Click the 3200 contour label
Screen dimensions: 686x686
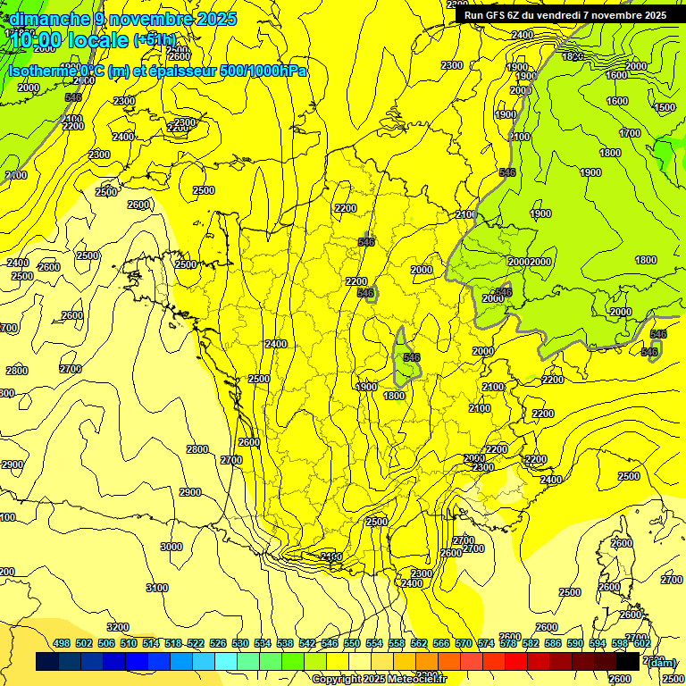tap(118, 627)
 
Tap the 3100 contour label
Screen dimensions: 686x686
tap(156, 587)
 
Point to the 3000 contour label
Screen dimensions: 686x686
tap(171, 547)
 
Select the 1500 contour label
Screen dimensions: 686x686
tap(665, 107)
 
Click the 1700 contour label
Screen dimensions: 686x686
tap(630, 133)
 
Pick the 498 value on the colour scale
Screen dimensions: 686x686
tap(62, 644)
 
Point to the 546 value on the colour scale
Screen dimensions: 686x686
tap(330, 644)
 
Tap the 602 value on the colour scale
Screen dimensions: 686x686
tap(641, 644)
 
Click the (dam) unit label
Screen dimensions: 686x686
tap(662, 662)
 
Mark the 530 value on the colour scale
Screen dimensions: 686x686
tap(240, 644)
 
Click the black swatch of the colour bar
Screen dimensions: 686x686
tap(628, 661)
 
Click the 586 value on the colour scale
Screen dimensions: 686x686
tap(553, 644)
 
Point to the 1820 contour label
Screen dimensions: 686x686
tap(573, 55)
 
